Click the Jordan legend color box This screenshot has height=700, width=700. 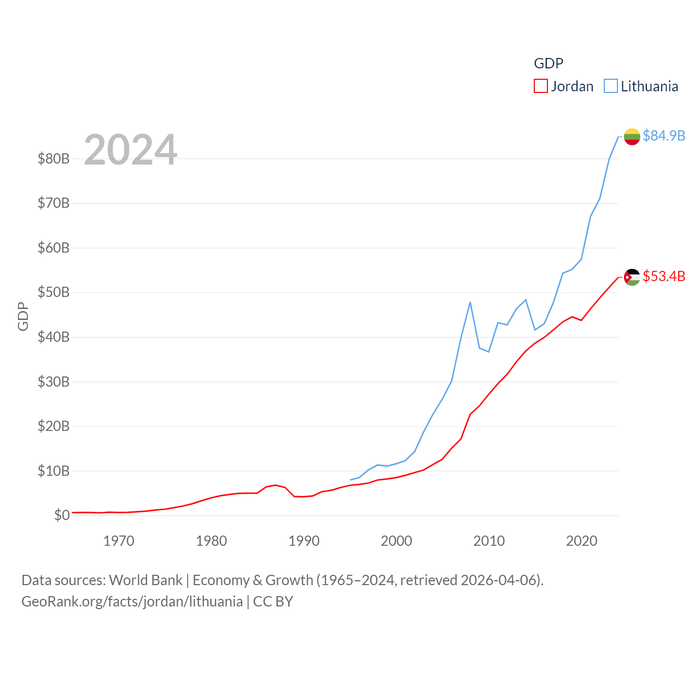click(540, 86)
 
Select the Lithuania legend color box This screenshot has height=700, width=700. click(610, 86)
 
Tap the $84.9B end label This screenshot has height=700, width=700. click(663, 136)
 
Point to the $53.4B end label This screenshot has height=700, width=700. click(663, 276)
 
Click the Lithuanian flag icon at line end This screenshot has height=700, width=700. click(632, 137)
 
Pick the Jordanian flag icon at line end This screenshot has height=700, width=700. click(632, 277)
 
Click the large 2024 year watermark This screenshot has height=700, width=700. click(130, 150)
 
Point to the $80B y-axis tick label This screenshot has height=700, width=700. click(53, 159)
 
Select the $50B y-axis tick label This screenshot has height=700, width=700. click(53, 292)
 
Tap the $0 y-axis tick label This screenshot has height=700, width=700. click(61, 515)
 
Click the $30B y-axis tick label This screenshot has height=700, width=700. click(53, 382)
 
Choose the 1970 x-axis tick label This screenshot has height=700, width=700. click(119, 541)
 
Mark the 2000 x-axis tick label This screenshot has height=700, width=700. click(396, 541)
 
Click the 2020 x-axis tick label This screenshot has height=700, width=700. click(581, 541)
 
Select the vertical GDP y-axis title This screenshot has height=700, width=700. click(23, 316)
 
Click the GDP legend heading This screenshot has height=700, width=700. click(549, 63)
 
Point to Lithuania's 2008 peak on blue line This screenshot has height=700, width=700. click(470, 302)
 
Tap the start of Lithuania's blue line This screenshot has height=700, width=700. click(350, 480)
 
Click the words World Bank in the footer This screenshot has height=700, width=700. click(145, 580)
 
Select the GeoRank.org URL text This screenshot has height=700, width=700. click(132, 602)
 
